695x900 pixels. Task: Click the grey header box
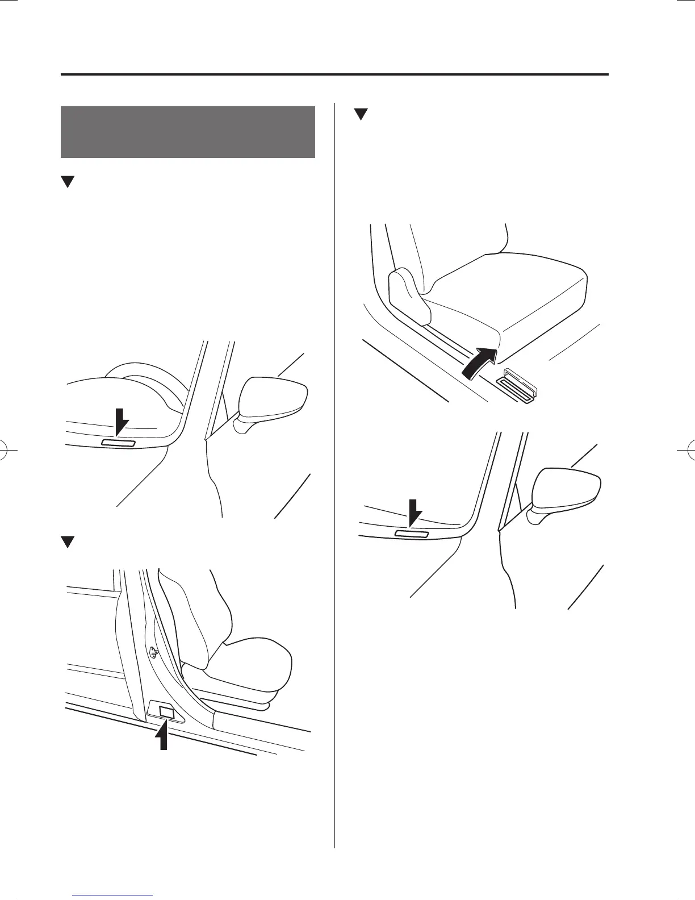pyautogui.click(x=187, y=132)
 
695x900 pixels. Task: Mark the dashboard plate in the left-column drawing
pyautogui.click(x=118, y=443)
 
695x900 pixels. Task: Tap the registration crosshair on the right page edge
pyautogui.click(x=688, y=449)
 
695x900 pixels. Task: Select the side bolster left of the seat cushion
pyautogui.click(x=409, y=295)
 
